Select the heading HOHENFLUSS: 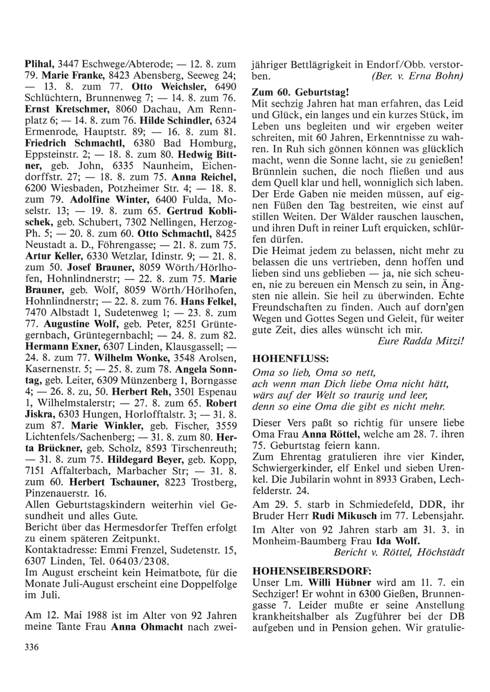point(281,358)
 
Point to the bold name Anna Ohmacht point(145,627)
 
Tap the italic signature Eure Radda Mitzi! point(421,341)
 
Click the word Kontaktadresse point(55,549)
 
